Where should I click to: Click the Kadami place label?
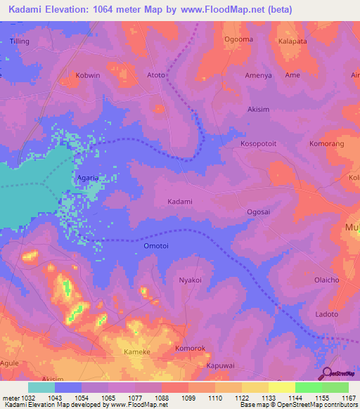[x=179, y=202]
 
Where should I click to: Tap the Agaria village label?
[x=89, y=178]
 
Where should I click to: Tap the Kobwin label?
[x=89, y=74]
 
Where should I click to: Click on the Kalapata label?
[x=294, y=41]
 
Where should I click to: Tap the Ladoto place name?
[x=327, y=313]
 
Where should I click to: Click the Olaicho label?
[x=327, y=280]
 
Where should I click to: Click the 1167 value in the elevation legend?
[x=345, y=398]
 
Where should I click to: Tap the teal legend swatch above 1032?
[x=41, y=387]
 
